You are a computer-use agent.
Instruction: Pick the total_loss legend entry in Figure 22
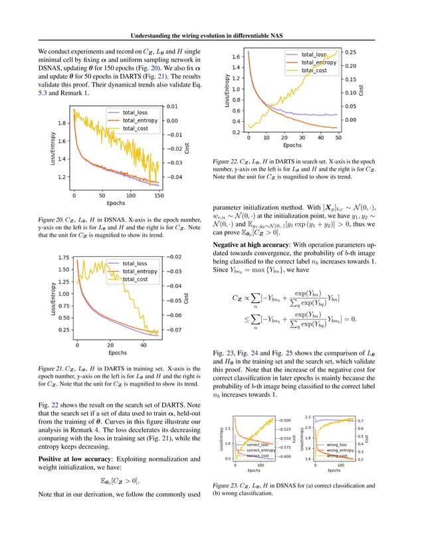pos(315,55)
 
